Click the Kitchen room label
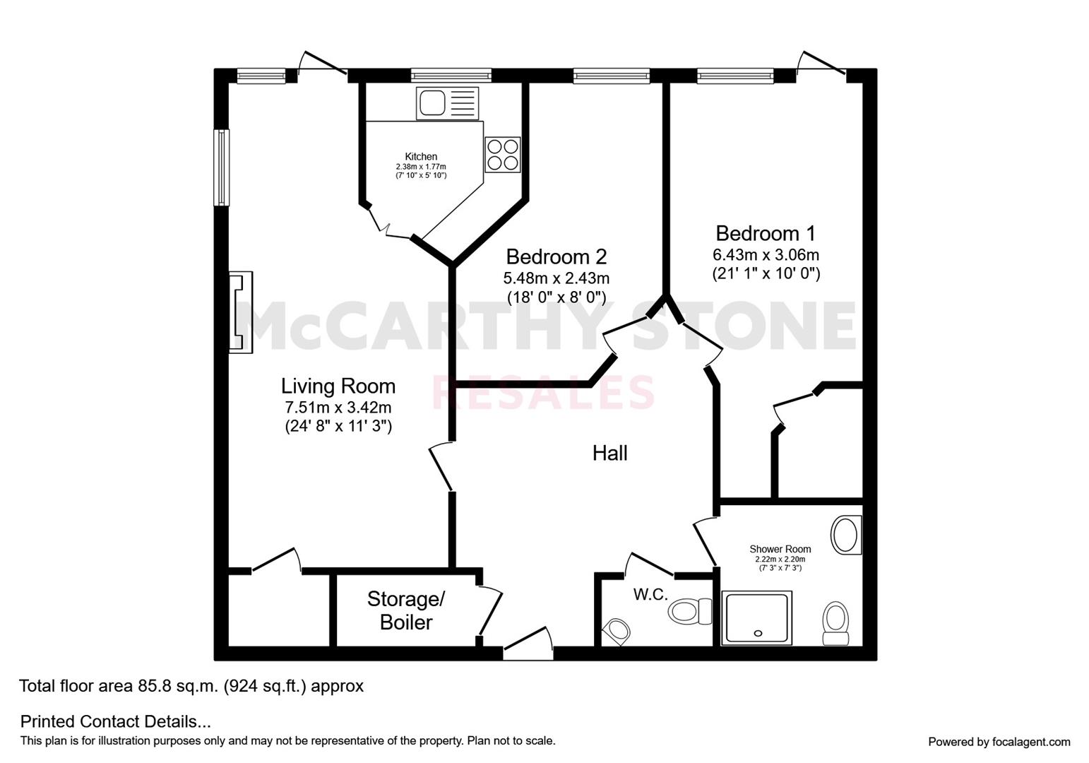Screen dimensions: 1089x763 tap(421, 157)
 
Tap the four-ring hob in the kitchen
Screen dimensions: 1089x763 tap(503, 155)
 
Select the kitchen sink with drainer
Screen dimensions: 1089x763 tap(447, 103)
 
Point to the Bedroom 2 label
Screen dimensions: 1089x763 tap(557, 256)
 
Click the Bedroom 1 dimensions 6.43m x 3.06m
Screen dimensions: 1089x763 tap(766, 255)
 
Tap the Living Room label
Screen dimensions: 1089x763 tap(338, 386)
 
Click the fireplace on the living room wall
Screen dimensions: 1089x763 tap(241, 312)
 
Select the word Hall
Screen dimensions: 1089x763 tap(610, 454)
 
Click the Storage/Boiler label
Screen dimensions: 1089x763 tap(406, 610)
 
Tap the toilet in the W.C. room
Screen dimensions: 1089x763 tap(691, 611)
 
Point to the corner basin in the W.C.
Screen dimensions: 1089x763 tap(616, 632)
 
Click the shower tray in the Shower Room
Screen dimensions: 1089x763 tap(757, 618)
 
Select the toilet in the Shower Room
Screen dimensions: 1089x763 tap(835, 623)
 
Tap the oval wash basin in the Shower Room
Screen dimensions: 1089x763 tap(846, 534)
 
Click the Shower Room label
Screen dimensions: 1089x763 tap(780, 549)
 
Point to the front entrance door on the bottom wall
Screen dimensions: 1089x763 tap(528, 643)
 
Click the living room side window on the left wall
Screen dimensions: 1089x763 tap(222, 167)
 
